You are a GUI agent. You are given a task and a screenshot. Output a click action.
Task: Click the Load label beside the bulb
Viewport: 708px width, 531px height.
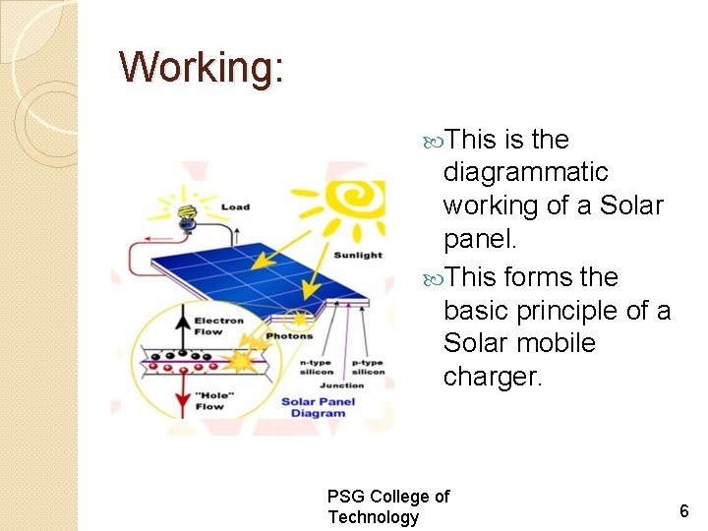pos(235,207)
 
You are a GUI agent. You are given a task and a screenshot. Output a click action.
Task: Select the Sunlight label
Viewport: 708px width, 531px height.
pos(358,255)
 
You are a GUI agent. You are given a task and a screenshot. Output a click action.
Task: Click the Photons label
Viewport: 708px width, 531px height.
pos(288,336)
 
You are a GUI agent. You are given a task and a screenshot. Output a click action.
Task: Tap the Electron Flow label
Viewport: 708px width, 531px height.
pos(218,326)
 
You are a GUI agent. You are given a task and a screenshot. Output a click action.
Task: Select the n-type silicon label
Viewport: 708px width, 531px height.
pos(316,367)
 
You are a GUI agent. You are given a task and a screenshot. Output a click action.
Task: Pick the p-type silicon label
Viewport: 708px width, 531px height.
pos(367,367)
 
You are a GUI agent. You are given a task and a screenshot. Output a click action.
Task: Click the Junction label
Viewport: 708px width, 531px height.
pos(341,386)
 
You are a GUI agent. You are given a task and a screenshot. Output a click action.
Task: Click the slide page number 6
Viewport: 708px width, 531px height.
pos(683,510)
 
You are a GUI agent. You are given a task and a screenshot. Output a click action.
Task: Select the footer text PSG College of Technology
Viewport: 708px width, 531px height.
pos(387,506)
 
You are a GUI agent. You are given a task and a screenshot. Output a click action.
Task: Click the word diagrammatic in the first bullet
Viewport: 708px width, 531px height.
pos(525,173)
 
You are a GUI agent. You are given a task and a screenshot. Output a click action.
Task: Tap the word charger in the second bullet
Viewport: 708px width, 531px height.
pos(492,377)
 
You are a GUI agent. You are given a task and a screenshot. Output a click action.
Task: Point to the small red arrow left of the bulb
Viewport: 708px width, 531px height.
pos(155,237)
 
